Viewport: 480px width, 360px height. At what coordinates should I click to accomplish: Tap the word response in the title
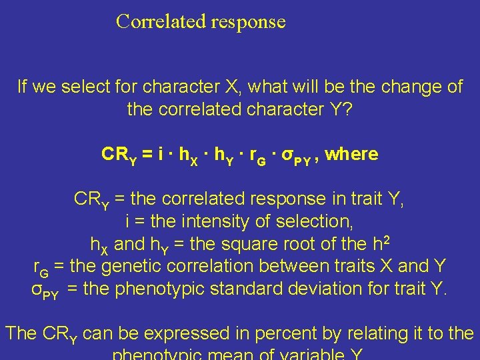tap(248, 23)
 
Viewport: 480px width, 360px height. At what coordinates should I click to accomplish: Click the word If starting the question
tap(23, 87)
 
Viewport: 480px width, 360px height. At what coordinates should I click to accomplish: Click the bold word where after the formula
tap(353, 155)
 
